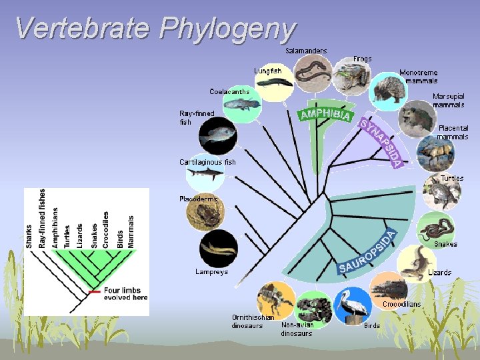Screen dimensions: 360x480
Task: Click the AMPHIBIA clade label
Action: coord(326,114)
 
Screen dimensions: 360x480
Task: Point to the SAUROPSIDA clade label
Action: coord(367,253)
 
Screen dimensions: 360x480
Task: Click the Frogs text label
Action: coord(363,59)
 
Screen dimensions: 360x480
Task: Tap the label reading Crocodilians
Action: coord(401,304)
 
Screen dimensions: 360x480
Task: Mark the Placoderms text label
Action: coord(198,199)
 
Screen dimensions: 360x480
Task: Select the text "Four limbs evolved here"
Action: coord(125,294)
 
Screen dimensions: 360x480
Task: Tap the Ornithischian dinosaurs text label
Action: coord(253,321)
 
